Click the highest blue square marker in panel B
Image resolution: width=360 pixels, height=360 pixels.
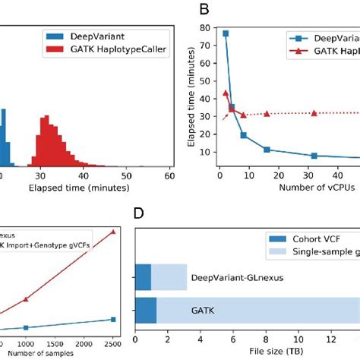225,33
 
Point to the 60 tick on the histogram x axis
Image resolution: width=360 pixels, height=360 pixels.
169,175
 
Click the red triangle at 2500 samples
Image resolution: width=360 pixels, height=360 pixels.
113,231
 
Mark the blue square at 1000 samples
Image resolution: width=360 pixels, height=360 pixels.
26,327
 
